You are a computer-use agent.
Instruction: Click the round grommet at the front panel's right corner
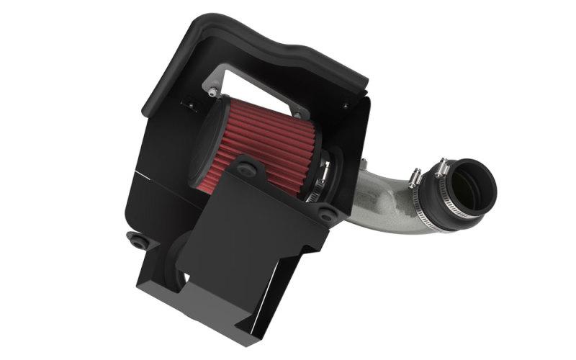pyautogui.click(x=325, y=214)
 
